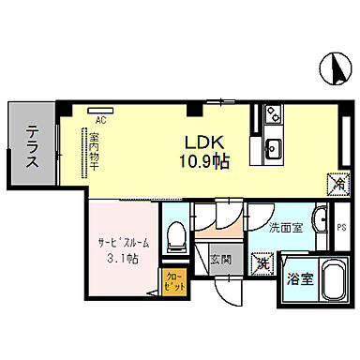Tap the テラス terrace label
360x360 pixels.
pos(32,147)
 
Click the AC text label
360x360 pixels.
pos(100,120)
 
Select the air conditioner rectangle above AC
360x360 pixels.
pos(99,111)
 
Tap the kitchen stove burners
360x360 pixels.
pos(273,117)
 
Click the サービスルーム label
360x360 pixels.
pos(121,240)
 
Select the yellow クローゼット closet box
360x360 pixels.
pos(174,282)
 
